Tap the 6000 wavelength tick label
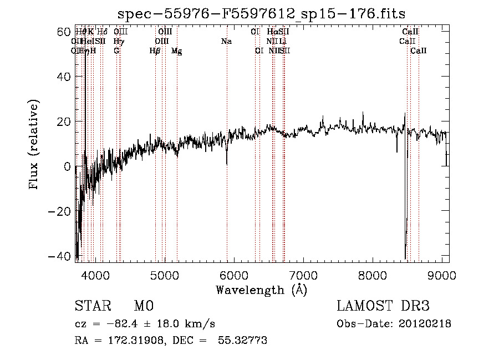pos(233,275)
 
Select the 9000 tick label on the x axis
pos(441,275)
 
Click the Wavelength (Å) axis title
pos(261,290)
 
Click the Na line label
pos(226,42)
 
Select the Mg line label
pos(177,51)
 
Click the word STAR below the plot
pos(92,306)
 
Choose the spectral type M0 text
pos(143,306)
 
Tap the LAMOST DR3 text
pos(383,306)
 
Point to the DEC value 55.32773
pos(242,341)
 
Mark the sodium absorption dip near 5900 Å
pos(227,161)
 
